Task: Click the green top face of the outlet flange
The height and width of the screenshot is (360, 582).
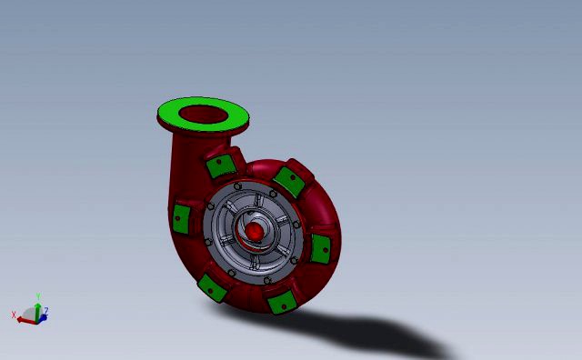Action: tap(173, 115)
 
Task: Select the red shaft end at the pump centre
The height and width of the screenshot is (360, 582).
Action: tap(256, 233)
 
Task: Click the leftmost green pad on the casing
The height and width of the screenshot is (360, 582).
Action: tap(181, 216)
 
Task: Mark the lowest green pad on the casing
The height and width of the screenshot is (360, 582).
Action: tap(280, 300)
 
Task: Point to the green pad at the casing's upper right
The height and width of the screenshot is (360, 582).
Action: tap(289, 180)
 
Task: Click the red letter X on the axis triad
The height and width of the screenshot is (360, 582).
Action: tap(14, 315)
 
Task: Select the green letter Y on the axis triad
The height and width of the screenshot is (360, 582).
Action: tap(37, 295)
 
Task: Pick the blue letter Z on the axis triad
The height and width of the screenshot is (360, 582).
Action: tap(45, 312)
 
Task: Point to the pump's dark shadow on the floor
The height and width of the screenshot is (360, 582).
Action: tap(382, 332)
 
